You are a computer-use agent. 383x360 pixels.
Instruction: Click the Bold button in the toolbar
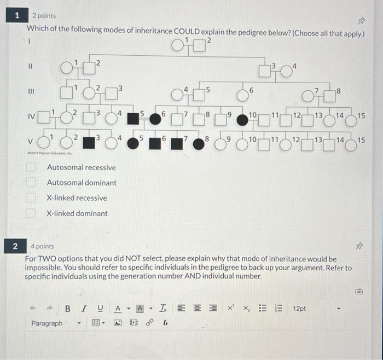(68, 309)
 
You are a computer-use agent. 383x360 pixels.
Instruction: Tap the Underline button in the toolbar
(100, 309)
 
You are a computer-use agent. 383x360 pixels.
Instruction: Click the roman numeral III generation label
(31, 91)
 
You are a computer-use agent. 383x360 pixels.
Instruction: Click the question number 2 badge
(16, 246)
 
